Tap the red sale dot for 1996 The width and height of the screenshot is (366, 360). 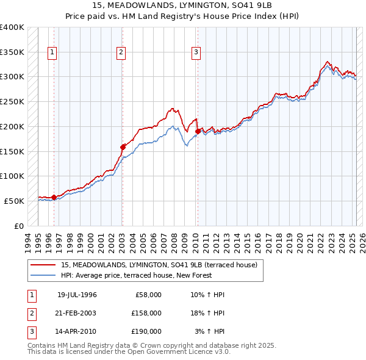coord(54,196)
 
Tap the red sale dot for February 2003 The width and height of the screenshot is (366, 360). coord(123,146)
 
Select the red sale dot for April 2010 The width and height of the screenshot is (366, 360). coord(198,131)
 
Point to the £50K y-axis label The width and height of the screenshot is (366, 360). coord(14,201)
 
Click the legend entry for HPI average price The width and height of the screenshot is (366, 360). coord(138,275)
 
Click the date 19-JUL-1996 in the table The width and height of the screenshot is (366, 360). coord(77,295)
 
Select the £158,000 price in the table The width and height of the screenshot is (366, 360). coord(146,313)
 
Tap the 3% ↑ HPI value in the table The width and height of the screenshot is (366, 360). coord(209,331)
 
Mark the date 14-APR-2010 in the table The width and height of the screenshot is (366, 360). coord(77,331)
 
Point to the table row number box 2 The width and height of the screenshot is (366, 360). coord(30,313)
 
